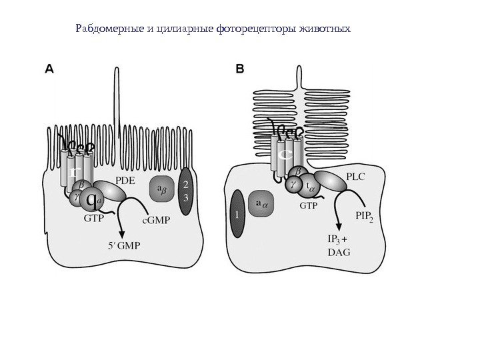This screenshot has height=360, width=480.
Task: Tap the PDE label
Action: (x=126, y=179)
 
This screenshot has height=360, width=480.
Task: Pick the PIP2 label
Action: (x=369, y=215)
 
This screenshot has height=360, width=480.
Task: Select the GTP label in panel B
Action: (x=309, y=206)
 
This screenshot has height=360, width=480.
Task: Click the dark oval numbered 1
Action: (x=236, y=213)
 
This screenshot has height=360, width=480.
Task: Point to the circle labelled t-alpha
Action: (x=308, y=187)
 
